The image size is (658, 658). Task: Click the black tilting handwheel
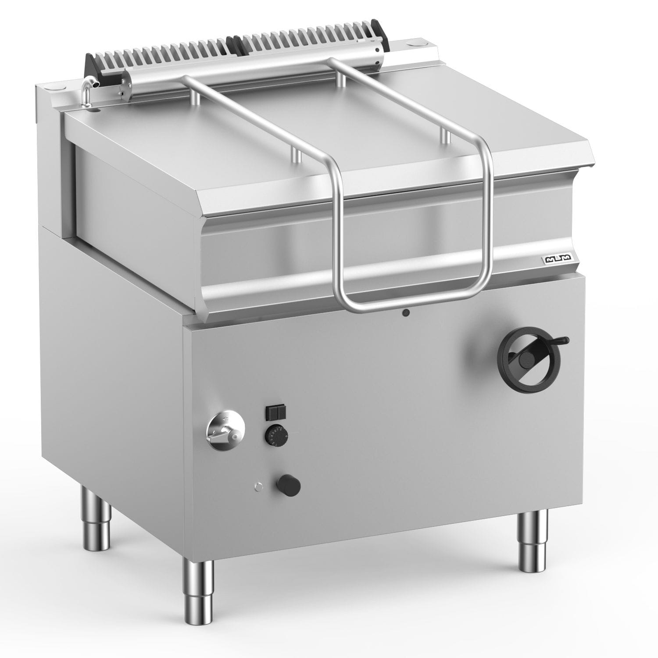tap(530, 358)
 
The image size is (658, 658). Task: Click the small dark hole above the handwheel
tap(407, 313)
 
